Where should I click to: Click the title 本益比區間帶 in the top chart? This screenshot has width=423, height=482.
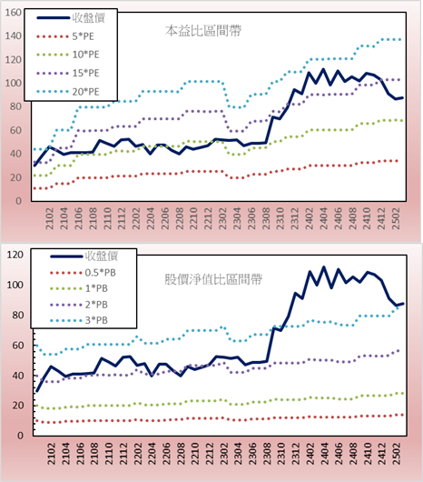[203, 31]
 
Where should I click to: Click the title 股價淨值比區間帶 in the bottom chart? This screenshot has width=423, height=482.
[213, 279]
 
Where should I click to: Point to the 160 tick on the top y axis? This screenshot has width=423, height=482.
[14, 13]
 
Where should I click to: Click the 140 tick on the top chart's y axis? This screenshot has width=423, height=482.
[14, 36]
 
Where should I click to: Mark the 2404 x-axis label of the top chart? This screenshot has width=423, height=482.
[324, 218]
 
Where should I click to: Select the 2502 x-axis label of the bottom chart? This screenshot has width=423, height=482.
[398, 454]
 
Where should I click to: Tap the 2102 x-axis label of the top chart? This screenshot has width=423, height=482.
[49, 218]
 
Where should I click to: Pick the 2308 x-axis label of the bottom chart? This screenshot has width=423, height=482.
[268, 454]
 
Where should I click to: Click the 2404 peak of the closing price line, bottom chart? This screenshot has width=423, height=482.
[324, 267]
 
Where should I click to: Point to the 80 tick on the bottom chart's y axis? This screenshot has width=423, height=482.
[17, 315]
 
